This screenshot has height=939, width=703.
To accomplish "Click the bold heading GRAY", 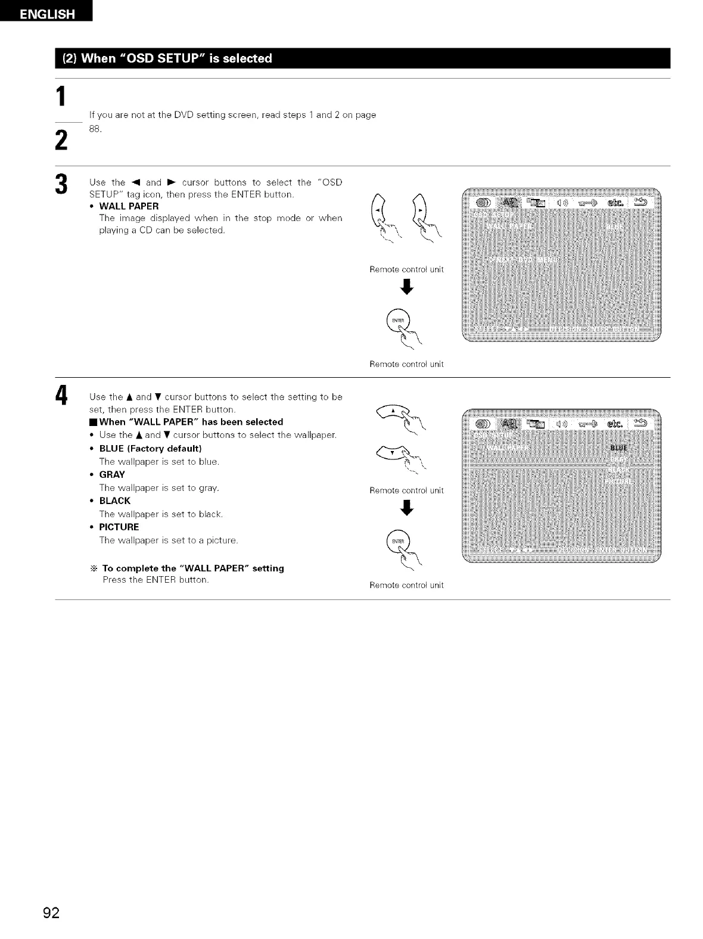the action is tap(112, 474).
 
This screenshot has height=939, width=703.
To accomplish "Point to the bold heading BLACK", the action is tap(114, 500).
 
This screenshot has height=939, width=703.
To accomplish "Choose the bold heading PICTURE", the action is tap(119, 527).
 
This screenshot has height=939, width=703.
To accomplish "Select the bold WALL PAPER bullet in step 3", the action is tap(129, 206).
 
